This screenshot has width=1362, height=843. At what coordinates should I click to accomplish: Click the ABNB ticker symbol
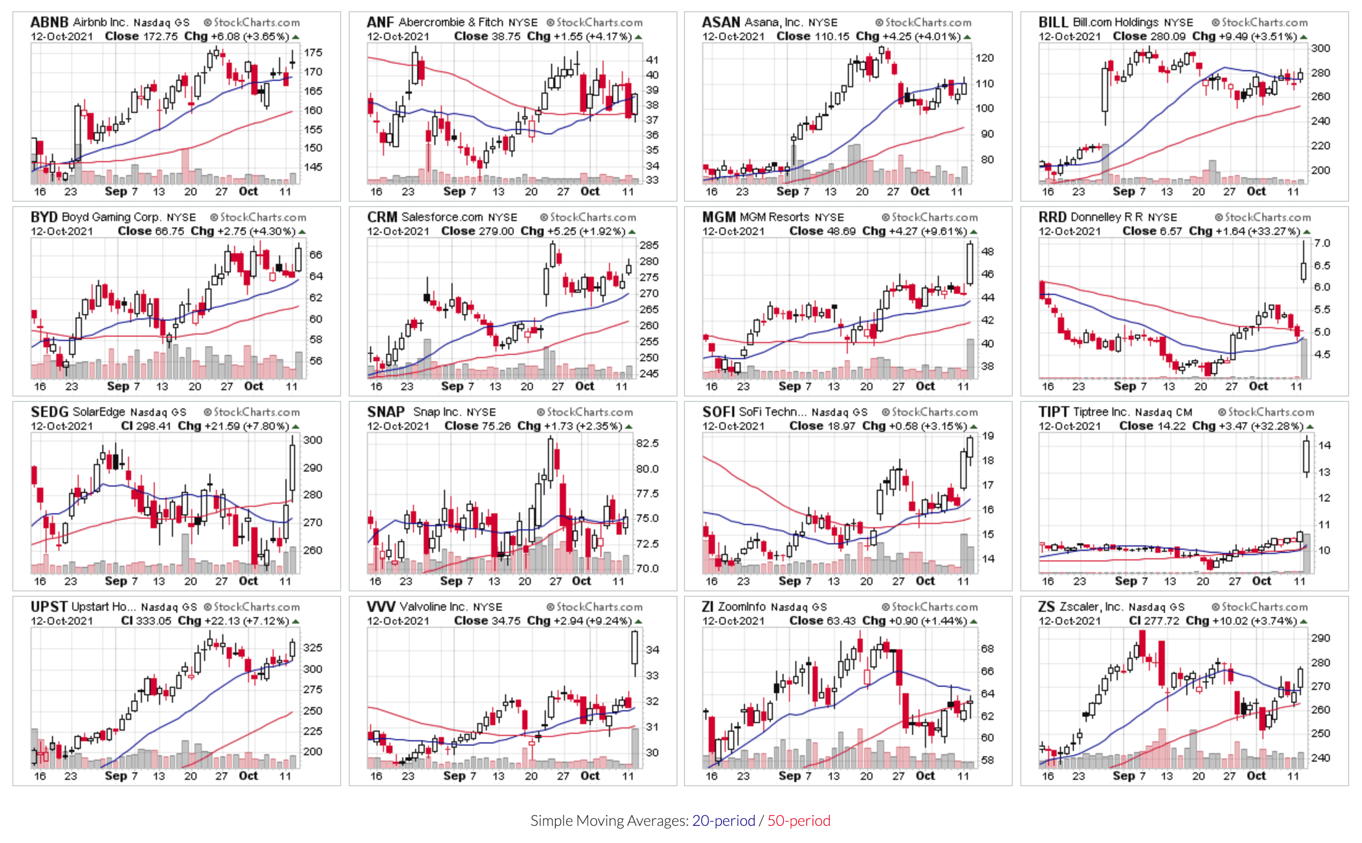click(x=49, y=22)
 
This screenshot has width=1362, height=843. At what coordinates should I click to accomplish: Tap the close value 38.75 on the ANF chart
click(x=504, y=36)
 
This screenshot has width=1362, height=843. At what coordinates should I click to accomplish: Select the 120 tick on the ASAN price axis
click(x=985, y=58)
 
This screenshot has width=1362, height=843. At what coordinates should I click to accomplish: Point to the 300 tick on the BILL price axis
click(x=1320, y=49)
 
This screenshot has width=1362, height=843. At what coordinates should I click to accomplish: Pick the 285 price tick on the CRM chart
click(x=649, y=245)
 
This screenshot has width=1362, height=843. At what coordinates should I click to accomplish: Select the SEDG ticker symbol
click(x=49, y=412)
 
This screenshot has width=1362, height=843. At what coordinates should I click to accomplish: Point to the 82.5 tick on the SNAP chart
click(x=648, y=443)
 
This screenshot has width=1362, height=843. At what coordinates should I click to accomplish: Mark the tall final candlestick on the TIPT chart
click(x=1306, y=456)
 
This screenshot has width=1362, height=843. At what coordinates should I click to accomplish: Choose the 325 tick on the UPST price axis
click(x=313, y=648)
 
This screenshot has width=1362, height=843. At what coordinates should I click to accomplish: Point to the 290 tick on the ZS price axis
click(x=1320, y=639)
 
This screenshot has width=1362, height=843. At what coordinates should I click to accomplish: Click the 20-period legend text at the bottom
click(x=724, y=821)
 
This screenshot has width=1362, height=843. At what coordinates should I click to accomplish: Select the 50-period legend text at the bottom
click(x=799, y=821)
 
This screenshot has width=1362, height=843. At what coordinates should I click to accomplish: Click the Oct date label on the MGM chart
click(x=925, y=386)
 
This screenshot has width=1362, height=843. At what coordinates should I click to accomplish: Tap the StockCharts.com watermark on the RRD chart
click(x=1263, y=217)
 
